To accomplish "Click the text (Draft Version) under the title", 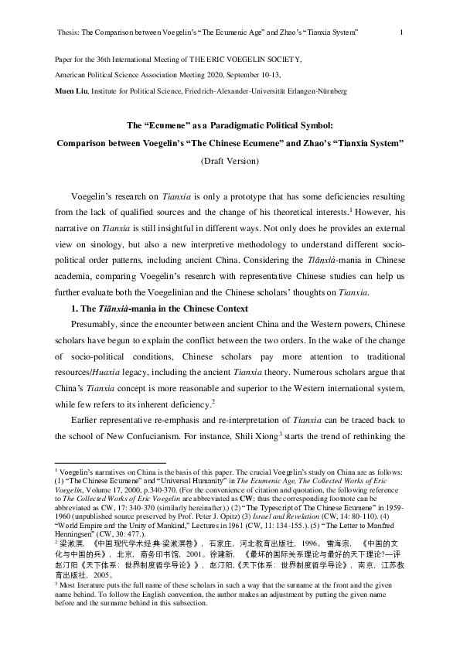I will (x=230, y=160).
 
